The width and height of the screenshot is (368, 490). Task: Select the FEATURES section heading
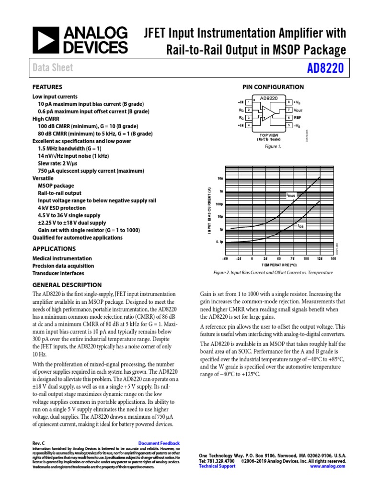point(47,87)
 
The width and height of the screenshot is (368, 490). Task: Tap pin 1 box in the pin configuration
point(248,102)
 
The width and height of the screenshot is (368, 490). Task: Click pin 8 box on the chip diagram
point(289,102)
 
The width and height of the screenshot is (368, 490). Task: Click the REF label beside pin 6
point(297,118)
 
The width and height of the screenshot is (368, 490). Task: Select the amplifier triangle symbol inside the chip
point(270,113)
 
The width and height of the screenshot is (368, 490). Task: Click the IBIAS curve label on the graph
point(291,195)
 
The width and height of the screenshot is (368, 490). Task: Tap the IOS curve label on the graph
point(300,225)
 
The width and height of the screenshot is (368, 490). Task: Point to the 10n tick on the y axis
point(220,178)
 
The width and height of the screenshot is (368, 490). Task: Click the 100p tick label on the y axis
point(219,204)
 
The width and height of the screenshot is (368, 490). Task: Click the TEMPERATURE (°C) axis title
point(279,264)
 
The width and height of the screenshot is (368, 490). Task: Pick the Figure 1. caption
point(273,146)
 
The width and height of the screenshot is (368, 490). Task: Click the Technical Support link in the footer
point(217,466)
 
